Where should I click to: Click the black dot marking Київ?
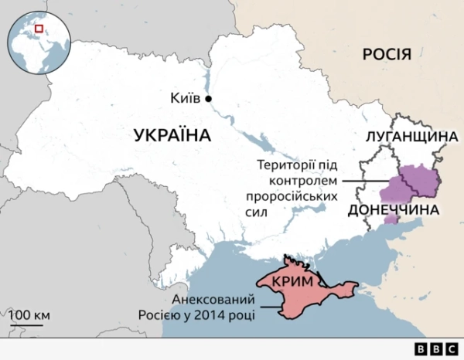[x=208, y=98]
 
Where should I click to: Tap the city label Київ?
[x=185, y=98]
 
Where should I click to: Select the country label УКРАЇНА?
[x=172, y=136]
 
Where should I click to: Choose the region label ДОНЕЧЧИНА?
[x=394, y=210]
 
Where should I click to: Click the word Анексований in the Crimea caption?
[x=213, y=301]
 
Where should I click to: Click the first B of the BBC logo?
[x=421, y=348]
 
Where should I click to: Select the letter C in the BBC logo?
[x=450, y=348]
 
